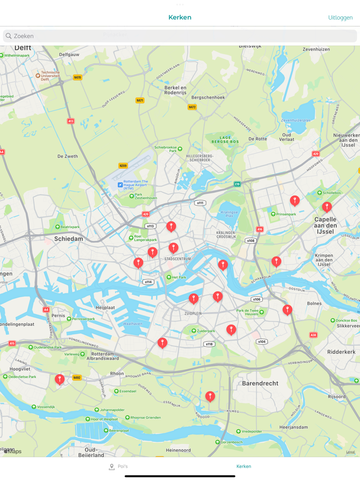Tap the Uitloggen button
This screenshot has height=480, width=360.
coord(340,17)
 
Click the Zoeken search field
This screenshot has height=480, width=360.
coord(180,36)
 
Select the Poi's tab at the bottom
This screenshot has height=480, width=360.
coord(118,467)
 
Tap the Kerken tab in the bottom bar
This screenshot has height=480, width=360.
coord(244,467)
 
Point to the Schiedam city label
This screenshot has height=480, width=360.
coord(68,239)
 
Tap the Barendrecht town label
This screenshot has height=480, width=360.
coord(260,383)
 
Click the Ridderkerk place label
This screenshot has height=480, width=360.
coord(341,352)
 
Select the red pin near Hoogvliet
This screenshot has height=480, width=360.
coord(60,379)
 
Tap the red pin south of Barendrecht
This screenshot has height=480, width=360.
coord(210,396)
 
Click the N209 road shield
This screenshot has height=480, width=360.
coord(123,165)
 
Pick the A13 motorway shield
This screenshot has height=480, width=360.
coord(71,121)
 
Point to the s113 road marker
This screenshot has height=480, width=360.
coord(150,226)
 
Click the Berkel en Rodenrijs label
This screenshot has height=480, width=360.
coord(175,90)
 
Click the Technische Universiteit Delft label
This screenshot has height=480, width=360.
coord(50,76)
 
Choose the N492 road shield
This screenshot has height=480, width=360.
coord(77,378)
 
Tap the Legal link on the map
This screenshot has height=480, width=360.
coord(350,452)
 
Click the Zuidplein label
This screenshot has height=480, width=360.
coord(193,313)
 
